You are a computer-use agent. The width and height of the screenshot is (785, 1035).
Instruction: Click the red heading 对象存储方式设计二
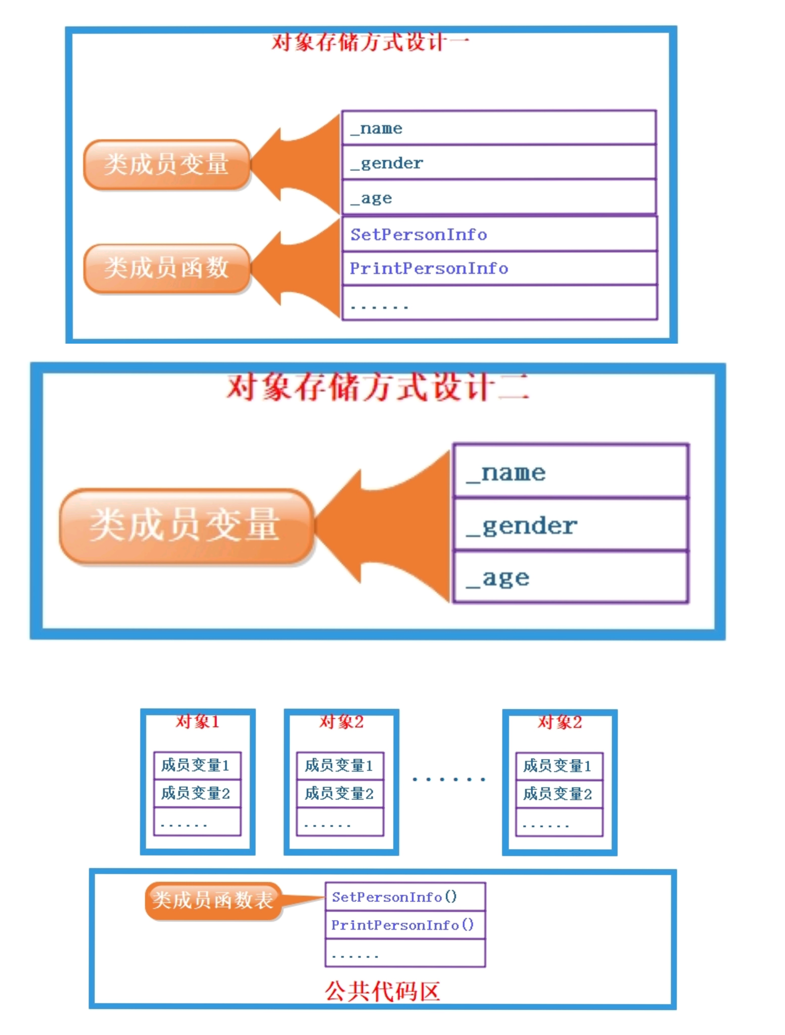pos(377,387)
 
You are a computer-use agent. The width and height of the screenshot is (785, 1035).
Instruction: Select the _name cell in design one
pos(499,128)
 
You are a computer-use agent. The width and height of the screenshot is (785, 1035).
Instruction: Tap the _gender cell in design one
pos(499,162)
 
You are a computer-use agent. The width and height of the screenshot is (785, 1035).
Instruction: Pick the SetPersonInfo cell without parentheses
pos(499,234)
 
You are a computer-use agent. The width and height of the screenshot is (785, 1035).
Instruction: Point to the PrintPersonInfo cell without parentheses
pos(499,268)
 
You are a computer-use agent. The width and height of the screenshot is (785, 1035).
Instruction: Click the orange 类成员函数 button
pos(167,268)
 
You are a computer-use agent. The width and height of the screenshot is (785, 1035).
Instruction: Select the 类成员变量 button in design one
pos(167,164)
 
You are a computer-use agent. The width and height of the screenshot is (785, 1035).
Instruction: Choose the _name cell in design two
pos(570,472)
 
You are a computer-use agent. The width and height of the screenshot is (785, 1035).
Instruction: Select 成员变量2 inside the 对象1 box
pos(197,793)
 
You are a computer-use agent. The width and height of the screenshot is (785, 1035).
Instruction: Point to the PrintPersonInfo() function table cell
pos(405,925)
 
